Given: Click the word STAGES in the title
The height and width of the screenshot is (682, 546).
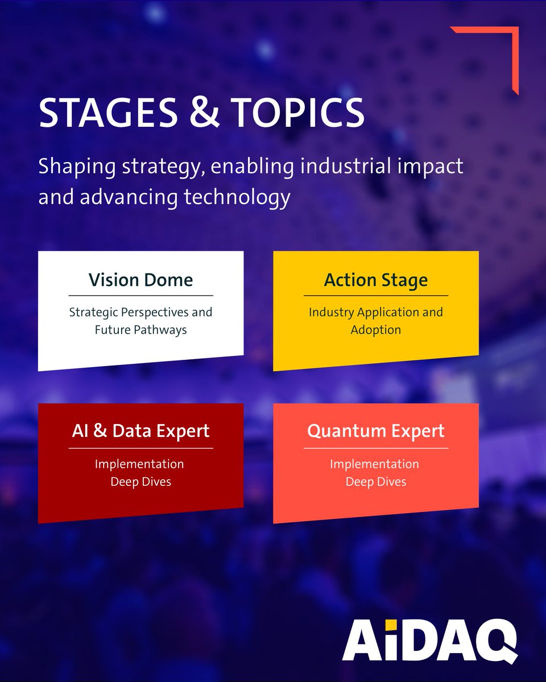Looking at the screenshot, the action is [x=108, y=113].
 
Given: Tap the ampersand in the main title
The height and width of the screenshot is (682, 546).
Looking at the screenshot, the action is [x=204, y=113].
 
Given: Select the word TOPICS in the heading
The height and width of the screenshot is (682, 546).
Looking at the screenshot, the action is [x=297, y=113].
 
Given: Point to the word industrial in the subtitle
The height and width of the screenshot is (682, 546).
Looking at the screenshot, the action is [x=346, y=166].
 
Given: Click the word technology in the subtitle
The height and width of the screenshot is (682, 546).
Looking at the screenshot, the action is [x=237, y=197].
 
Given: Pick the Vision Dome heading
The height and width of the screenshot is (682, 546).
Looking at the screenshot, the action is [x=140, y=280].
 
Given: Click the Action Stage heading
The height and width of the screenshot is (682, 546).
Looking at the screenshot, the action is [x=375, y=280].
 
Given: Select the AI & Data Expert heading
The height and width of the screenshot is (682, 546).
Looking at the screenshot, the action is [x=140, y=431].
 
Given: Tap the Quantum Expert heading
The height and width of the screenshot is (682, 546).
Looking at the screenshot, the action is [x=375, y=431].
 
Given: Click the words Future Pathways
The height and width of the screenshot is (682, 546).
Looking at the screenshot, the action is [x=140, y=330].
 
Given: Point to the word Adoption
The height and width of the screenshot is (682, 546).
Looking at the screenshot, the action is [x=375, y=330].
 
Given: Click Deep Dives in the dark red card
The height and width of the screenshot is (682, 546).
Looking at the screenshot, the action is [x=140, y=482].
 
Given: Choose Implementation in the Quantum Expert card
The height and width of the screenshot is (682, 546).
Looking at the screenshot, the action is [x=374, y=464].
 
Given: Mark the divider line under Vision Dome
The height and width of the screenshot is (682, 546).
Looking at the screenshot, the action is [x=140, y=296].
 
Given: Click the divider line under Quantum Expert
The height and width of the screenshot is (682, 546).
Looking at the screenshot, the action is [x=375, y=448].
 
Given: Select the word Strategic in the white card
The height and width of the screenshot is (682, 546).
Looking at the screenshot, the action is [x=94, y=313].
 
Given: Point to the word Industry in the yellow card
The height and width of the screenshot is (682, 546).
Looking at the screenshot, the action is [x=331, y=313].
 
